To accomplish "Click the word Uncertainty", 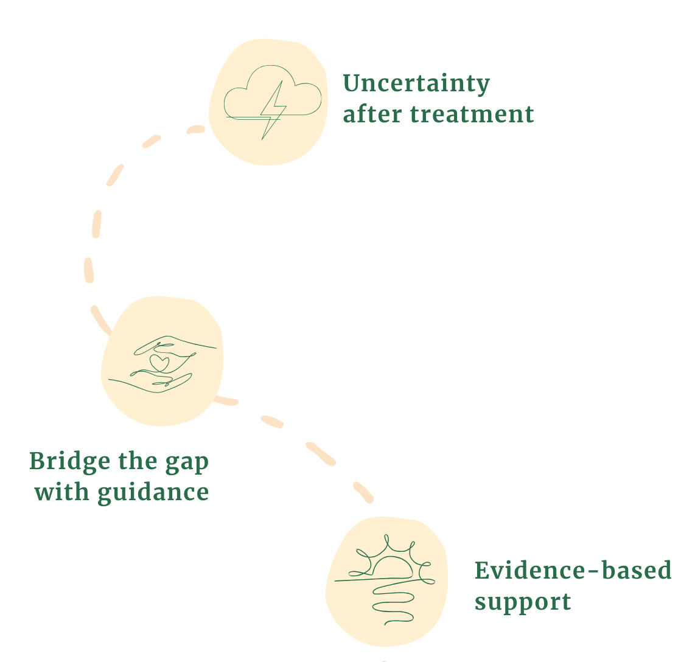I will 416,84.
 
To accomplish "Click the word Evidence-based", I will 572,571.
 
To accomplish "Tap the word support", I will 522,602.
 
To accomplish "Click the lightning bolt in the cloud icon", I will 272,110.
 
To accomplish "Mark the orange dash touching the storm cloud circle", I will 196,129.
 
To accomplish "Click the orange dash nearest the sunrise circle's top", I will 363,492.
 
